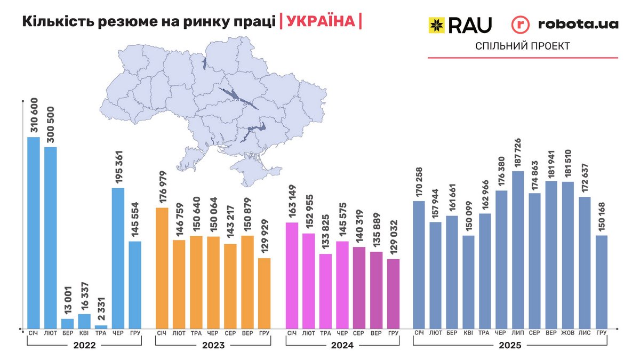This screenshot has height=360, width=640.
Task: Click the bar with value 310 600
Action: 34,233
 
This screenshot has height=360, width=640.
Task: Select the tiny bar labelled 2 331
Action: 101,326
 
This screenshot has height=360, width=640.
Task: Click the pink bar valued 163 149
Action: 292,275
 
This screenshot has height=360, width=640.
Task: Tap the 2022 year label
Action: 84,345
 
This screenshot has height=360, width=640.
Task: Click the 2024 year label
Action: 342,345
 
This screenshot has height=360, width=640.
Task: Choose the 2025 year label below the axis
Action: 510,345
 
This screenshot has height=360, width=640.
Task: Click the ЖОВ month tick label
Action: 568,333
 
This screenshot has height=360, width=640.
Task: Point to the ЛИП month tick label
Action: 518,333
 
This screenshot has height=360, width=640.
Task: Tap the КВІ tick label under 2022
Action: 84,333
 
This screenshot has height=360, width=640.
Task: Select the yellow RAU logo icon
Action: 437,24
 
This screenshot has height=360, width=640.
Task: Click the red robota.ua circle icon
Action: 521,24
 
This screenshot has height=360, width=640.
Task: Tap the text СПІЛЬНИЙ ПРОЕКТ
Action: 523,46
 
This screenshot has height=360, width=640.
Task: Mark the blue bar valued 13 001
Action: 68,323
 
